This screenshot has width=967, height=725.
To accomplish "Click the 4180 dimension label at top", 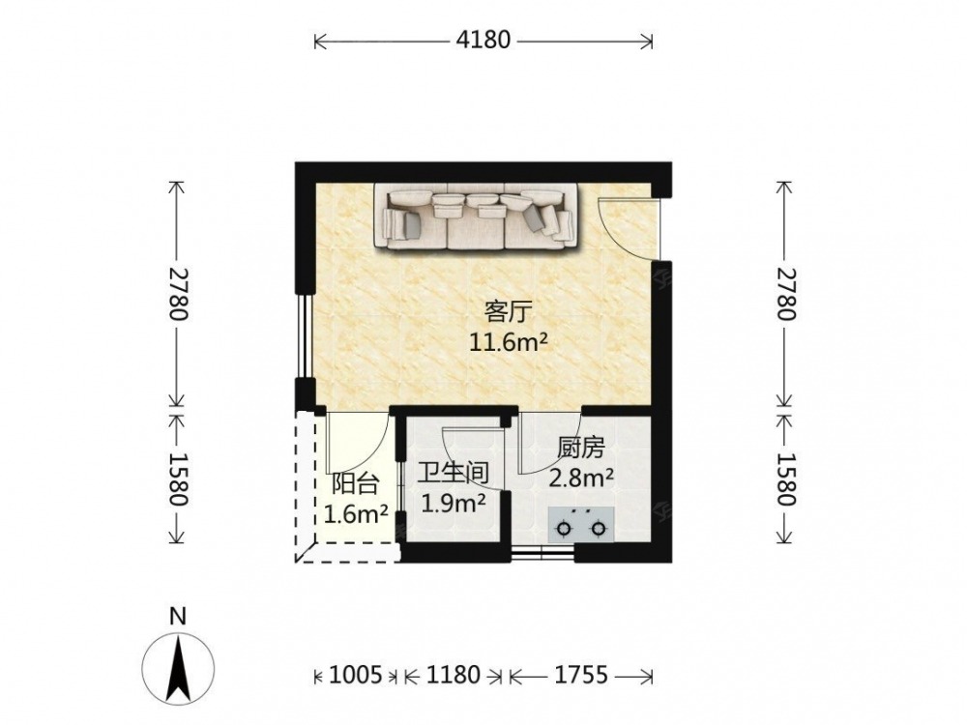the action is pos(483,40).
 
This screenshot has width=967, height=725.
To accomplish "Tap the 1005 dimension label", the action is pos(355,676).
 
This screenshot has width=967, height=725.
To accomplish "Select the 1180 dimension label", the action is pos(454,676).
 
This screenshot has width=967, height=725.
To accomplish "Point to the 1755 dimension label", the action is pos(581,676).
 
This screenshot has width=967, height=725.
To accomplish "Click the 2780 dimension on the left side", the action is pos(177,294).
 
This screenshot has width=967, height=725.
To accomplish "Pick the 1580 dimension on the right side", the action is pos(785,479).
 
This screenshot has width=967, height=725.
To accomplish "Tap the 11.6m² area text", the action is pos(509,341).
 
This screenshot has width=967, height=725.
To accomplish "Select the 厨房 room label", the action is pos(581,449).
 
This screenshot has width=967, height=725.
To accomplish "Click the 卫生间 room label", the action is pos(454,474).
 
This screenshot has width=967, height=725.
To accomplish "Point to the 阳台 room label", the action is pos(355,484).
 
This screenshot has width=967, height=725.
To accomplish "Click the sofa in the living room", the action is pos(476,217).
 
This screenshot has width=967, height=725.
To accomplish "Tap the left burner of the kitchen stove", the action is pos(563,529).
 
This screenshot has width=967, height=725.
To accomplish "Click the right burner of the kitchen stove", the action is pos(598,529).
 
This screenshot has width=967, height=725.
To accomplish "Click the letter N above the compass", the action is pos(178,616).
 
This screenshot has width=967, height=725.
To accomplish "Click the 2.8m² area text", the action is pos(581,478).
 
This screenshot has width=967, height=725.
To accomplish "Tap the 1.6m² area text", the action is pos(356,513).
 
